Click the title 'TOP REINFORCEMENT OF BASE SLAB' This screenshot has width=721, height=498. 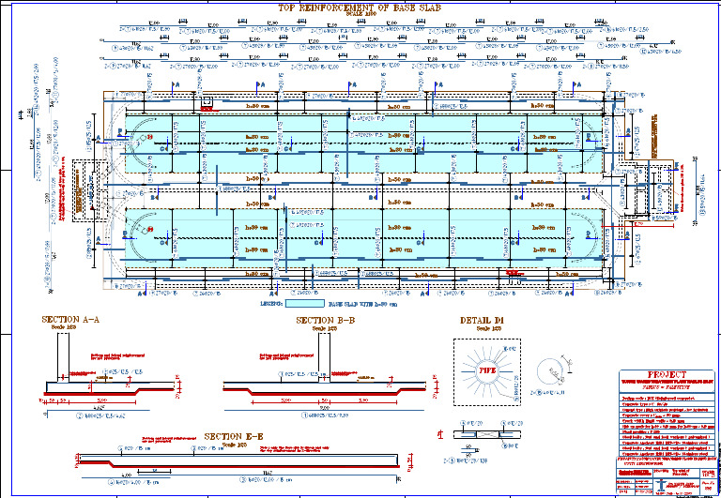[x=360, y=8]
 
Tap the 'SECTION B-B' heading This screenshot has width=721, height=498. [x=325, y=320]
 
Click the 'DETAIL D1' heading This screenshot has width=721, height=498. [x=483, y=320]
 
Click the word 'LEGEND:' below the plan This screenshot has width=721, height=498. [x=272, y=304]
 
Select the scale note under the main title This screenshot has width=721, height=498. [x=360, y=16]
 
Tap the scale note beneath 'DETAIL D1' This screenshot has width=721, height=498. [x=483, y=328]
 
